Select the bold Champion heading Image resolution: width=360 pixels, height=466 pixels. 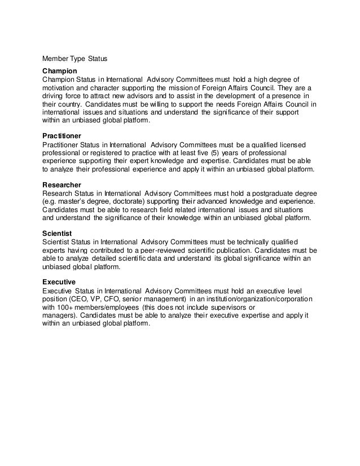click(x=60, y=72)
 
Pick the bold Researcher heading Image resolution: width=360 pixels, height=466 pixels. click(x=62, y=185)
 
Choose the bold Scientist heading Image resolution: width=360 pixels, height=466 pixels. click(x=57, y=232)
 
